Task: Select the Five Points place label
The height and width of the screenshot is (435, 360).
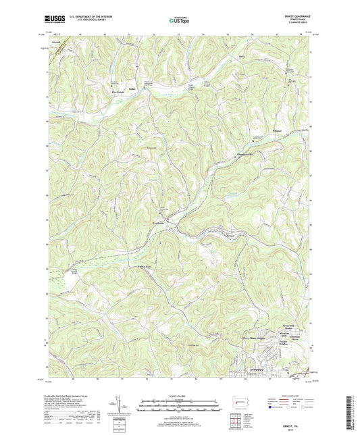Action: (x=118, y=88)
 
